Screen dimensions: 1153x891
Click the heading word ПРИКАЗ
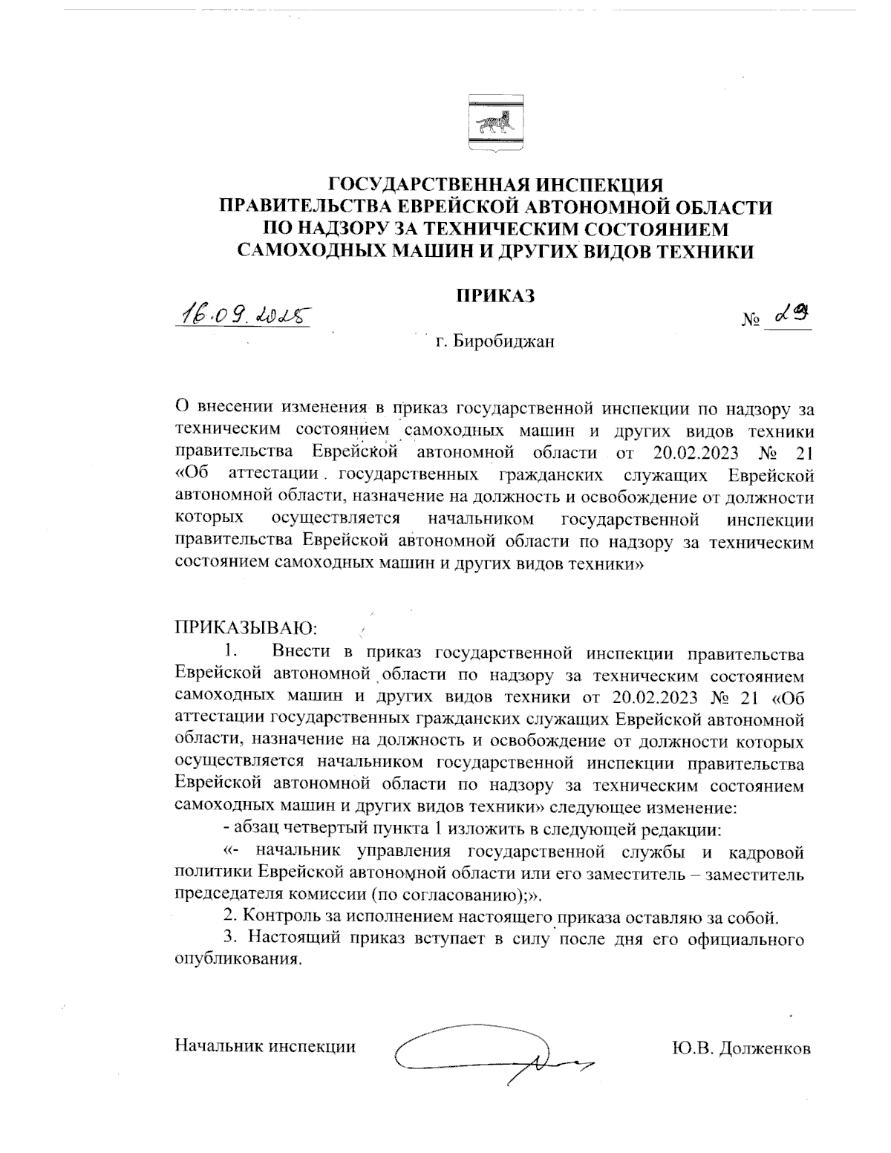tap(495, 295)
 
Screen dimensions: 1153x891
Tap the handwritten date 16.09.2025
tap(241, 314)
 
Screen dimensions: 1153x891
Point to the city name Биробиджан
tap(504, 343)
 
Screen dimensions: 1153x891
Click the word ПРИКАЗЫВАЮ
tap(246, 629)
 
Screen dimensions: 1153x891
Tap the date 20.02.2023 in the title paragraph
tap(700, 452)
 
